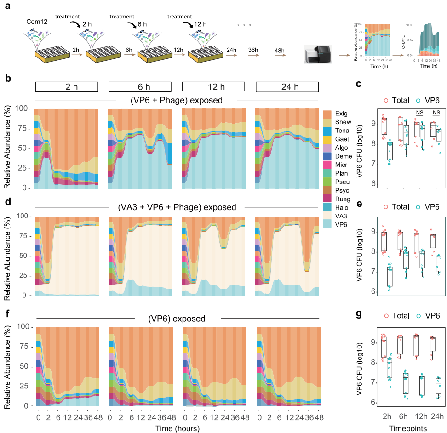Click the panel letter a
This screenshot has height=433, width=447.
[7, 6]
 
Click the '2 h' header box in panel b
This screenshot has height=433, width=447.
[67, 87]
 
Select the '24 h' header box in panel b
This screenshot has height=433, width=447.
[287, 87]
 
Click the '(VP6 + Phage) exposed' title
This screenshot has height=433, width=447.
[177, 100]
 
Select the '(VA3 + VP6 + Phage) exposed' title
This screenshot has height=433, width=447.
[177, 207]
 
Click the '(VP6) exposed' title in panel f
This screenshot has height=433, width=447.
[177, 318]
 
